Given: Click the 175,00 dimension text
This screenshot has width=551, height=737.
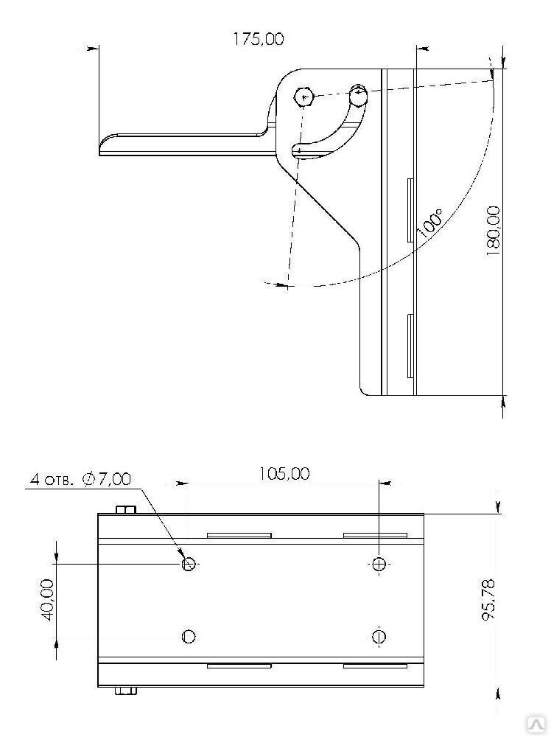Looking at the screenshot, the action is coord(259,39).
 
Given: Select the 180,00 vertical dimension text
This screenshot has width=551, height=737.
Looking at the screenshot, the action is coord(494,230).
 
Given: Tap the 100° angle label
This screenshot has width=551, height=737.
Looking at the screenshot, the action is coord(429,223).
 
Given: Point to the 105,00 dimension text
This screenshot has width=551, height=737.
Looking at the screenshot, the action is coord(284,474).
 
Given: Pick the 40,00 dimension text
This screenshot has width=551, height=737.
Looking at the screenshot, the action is coord(48,599).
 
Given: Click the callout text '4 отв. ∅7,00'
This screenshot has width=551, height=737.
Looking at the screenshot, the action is coord(80,479).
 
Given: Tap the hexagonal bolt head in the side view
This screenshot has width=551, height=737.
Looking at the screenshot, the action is coord(303,98).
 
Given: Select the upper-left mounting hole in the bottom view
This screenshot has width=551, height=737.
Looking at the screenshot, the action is coord(189,564).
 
